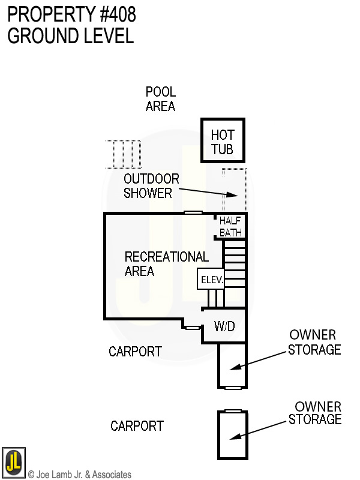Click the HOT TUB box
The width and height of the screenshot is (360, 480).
click(x=222, y=141)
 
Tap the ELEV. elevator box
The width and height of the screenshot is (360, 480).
click(x=211, y=279)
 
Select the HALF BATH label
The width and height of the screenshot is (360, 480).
click(x=230, y=226)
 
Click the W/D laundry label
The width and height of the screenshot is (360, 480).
click(x=224, y=326)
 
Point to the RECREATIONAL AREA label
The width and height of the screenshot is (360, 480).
click(x=166, y=264)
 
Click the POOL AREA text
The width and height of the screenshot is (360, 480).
click(x=160, y=99)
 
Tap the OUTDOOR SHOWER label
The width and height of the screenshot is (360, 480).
click(x=151, y=186)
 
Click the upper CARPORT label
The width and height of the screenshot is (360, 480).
click(x=135, y=352)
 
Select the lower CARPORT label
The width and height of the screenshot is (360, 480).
click(x=137, y=426)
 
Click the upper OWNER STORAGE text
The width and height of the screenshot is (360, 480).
click(x=314, y=342)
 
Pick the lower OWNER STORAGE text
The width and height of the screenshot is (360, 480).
click(x=315, y=413)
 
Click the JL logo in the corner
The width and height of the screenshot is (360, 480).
click(x=13, y=463)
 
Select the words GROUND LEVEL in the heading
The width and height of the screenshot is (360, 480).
click(x=70, y=35)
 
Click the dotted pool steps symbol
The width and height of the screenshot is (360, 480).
click(x=123, y=154)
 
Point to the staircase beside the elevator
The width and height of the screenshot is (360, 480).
click(x=235, y=264)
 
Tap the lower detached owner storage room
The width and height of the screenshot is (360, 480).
click(x=232, y=435)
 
